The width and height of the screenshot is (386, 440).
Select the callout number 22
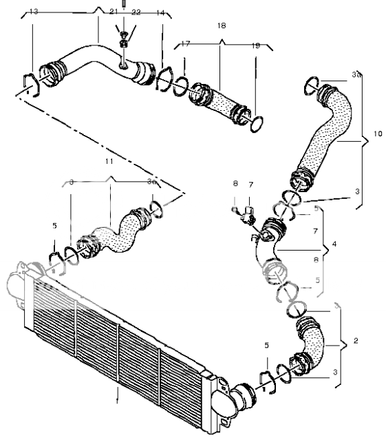[x=136, y=12]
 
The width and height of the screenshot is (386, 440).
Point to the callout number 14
[x=160, y=12]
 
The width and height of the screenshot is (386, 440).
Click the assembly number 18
[x=221, y=26]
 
